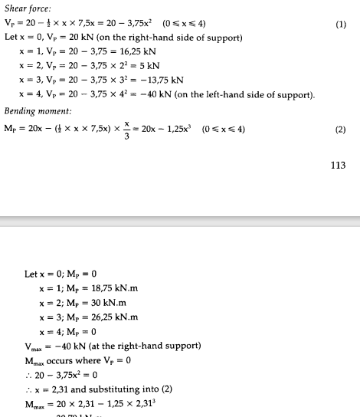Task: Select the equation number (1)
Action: point(341,25)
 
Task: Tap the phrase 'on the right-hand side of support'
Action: point(156,37)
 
